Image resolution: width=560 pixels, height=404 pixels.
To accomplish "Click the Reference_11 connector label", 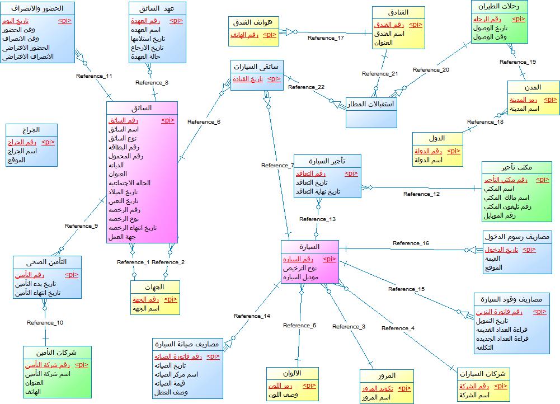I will pos(94,76).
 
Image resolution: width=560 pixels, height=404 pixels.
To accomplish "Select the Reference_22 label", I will pos(306,87).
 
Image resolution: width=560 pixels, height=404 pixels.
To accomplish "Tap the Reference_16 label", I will pos(411,243).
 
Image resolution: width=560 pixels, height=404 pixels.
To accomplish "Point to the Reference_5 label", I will pos(299,325).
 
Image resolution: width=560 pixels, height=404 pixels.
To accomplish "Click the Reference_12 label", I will pos(421,194).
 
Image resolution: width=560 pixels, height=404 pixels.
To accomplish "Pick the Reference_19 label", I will pos(517,62).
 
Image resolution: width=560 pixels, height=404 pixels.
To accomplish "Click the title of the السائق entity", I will pos(142,108).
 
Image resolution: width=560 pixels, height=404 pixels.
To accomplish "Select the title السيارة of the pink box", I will pos(309,247).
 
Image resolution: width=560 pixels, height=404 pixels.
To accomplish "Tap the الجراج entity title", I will pos(31,129).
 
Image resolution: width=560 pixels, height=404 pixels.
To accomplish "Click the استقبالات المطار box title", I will pos(371,104).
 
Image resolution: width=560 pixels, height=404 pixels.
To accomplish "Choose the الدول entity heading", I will pos(437,138).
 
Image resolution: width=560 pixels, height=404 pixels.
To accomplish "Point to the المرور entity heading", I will pos(387,375).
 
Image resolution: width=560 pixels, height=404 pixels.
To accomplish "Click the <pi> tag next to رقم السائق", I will pos(168,120).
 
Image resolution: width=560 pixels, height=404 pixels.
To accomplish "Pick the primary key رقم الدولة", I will pos(428,151).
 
